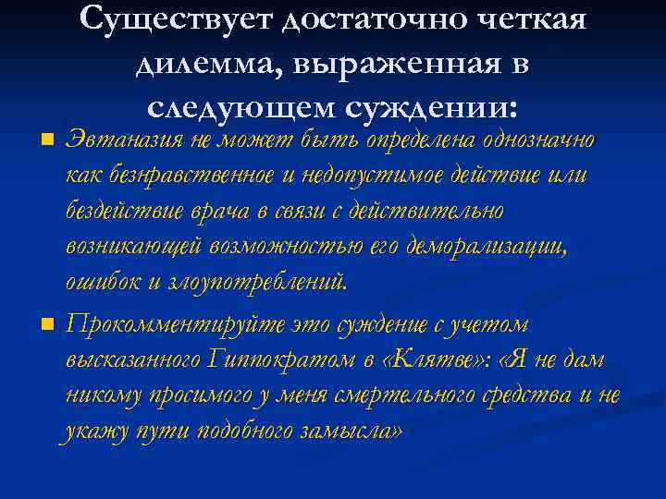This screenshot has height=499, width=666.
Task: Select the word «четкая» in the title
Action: coord(527,18)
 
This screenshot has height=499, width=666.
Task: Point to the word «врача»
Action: coord(221,211)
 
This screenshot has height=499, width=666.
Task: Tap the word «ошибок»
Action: coord(99,282)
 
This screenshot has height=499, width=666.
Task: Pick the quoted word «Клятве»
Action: coord(429,360)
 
